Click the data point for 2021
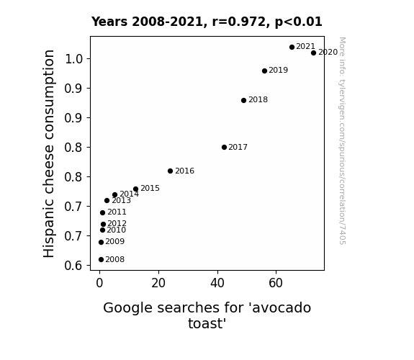292,47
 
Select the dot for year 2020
313,53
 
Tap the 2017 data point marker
224,147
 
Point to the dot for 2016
171,171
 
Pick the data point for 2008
101,260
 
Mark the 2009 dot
101,242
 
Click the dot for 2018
243,100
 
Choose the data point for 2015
135,189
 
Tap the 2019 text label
279,70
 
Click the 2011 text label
117,212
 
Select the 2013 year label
121,200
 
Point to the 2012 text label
117,223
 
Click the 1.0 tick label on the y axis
73,58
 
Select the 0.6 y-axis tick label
73,265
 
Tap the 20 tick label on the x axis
158,283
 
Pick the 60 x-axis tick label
276,283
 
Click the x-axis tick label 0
99,283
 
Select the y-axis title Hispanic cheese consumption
49,153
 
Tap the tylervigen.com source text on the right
342,141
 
